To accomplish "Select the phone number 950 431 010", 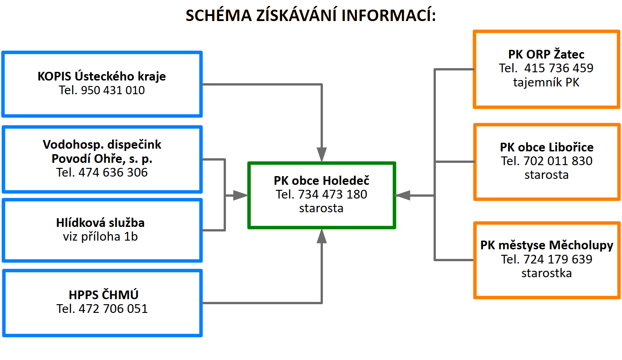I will point(113,90).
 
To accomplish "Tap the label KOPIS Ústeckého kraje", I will point(102,76).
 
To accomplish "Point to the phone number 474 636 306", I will point(113,172).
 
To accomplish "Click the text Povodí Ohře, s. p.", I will point(102,159).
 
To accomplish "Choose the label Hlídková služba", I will point(100,223).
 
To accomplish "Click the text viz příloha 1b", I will point(100,236).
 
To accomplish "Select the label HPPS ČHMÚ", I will point(102,294).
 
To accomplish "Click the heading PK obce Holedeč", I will point(321,180).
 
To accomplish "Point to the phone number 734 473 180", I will point(332,194).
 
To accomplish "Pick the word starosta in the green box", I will point(321,208).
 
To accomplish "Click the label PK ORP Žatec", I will point(546,54).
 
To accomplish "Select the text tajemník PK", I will point(546,83).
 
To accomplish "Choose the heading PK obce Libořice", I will point(546,147).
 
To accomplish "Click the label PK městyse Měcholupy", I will point(547,245).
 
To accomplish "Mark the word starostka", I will point(546,273).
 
